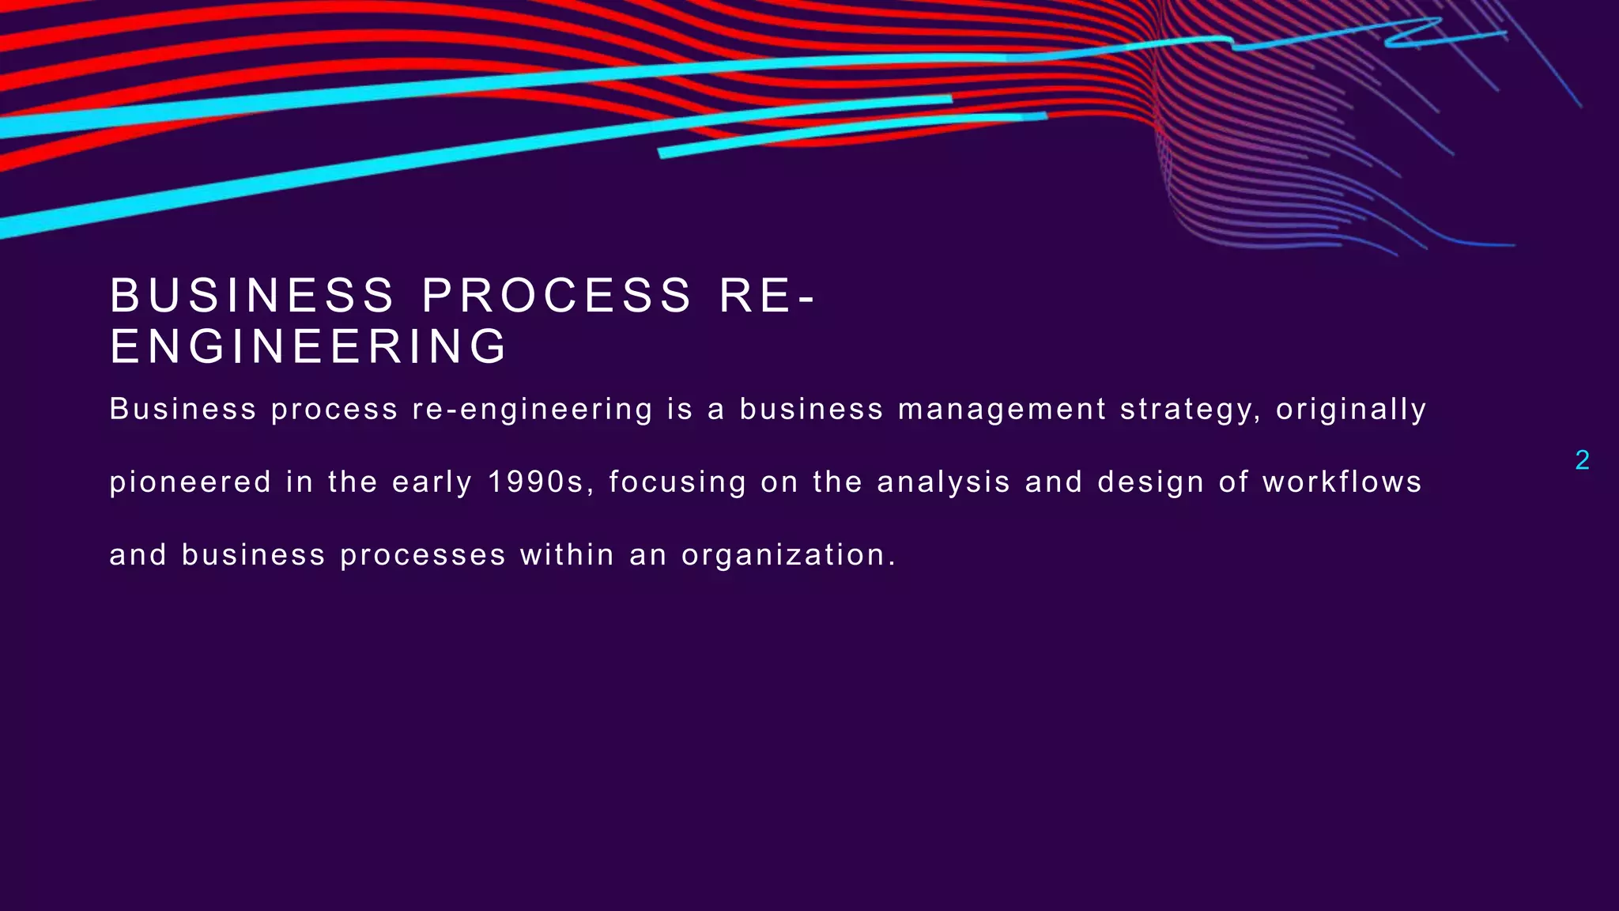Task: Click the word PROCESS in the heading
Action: coord(557,295)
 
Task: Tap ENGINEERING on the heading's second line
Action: coord(308,346)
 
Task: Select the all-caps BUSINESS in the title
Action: coord(252,295)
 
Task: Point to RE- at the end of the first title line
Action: coord(767,295)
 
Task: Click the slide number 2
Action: coord(1582,460)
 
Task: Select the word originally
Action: coord(1351,410)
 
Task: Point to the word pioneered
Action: coord(191,482)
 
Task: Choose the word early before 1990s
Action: coord(432,482)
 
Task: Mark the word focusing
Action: coord(677,482)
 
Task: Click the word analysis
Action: coord(944,482)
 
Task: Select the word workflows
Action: coord(1342,482)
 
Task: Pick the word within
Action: coord(567,554)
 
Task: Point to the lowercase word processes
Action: coord(423,554)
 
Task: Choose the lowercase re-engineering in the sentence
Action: coord(532,410)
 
